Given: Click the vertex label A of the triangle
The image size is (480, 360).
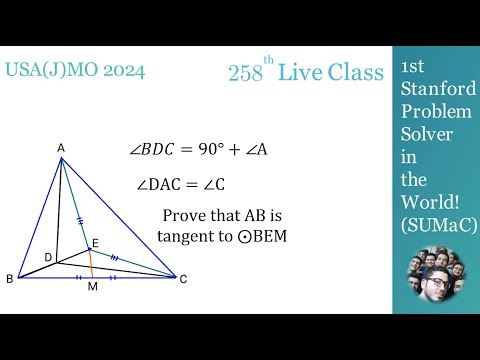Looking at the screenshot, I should [x=61, y=149].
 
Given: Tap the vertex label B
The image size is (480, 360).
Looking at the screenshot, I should [x=9, y=279].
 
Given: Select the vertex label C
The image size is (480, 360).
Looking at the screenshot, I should [x=183, y=279].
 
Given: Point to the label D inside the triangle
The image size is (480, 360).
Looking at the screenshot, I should [x=47, y=257].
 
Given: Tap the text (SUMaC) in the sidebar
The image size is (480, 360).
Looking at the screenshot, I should [x=437, y=226].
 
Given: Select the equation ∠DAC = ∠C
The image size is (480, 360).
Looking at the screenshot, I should [x=184, y=184].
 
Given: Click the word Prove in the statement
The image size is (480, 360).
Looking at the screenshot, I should [x=184, y=216].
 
